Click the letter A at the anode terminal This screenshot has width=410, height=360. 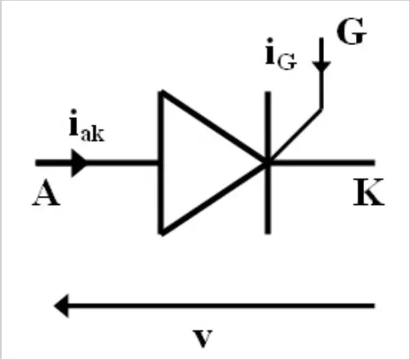click(x=46, y=194)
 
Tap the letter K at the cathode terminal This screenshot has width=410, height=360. click(x=369, y=192)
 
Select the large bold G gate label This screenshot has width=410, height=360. click(x=351, y=31)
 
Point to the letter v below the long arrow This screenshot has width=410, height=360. click(x=203, y=339)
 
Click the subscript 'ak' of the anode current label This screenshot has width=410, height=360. click(x=93, y=134)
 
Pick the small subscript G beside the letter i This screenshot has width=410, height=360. click(x=287, y=62)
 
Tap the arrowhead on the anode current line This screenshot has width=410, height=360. click(x=79, y=163)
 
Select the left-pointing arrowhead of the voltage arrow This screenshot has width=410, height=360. click(x=61, y=306)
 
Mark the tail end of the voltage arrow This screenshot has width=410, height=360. click(x=373, y=306)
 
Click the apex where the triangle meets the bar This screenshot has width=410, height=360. click(x=267, y=162)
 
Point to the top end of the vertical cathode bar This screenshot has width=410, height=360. click(x=268, y=93)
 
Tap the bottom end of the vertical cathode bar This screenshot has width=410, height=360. click(x=268, y=232)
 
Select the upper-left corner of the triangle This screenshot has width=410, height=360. click(x=162, y=92)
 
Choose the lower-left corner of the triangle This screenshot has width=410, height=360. click(x=162, y=233)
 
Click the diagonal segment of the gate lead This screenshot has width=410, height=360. click(x=295, y=135)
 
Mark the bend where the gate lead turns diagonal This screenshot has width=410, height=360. click(x=321, y=109)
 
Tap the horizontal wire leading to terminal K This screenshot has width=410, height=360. click(x=322, y=163)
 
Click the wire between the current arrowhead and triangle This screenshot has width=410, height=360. click(x=123, y=163)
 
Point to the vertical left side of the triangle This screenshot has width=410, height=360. click(x=162, y=162)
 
